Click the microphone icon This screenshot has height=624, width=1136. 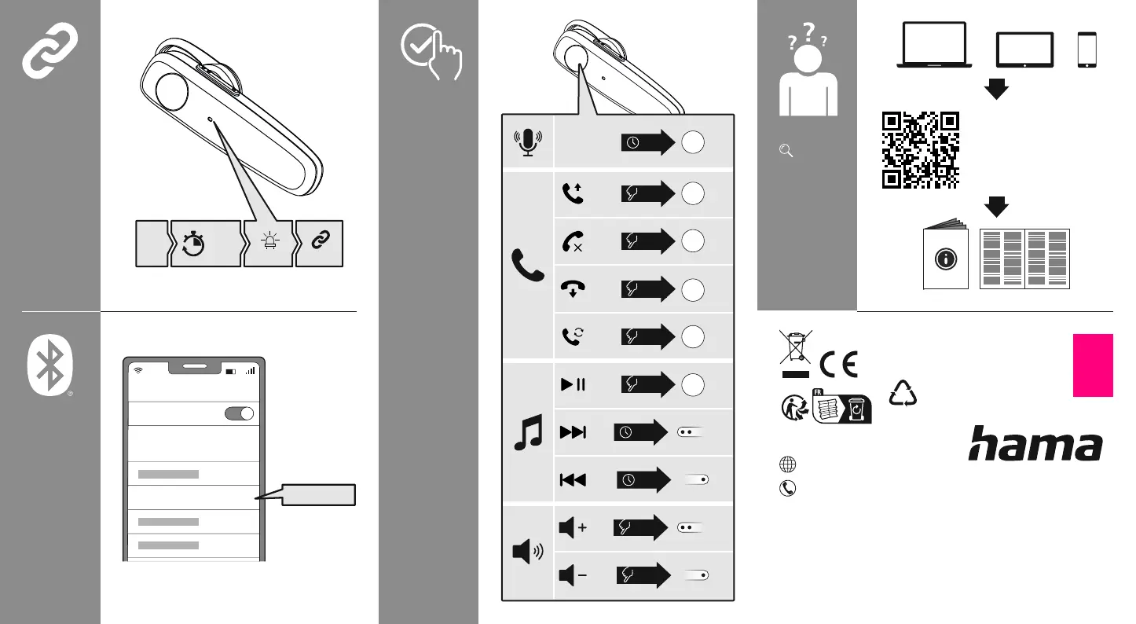(529, 141)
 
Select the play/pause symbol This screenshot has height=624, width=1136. (573, 385)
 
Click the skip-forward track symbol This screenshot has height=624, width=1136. (573, 432)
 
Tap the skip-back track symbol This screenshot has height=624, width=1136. (573, 479)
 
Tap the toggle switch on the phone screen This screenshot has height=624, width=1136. (240, 414)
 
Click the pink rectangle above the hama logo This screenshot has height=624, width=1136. (1093, 365)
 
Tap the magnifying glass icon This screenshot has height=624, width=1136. (783, 151)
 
